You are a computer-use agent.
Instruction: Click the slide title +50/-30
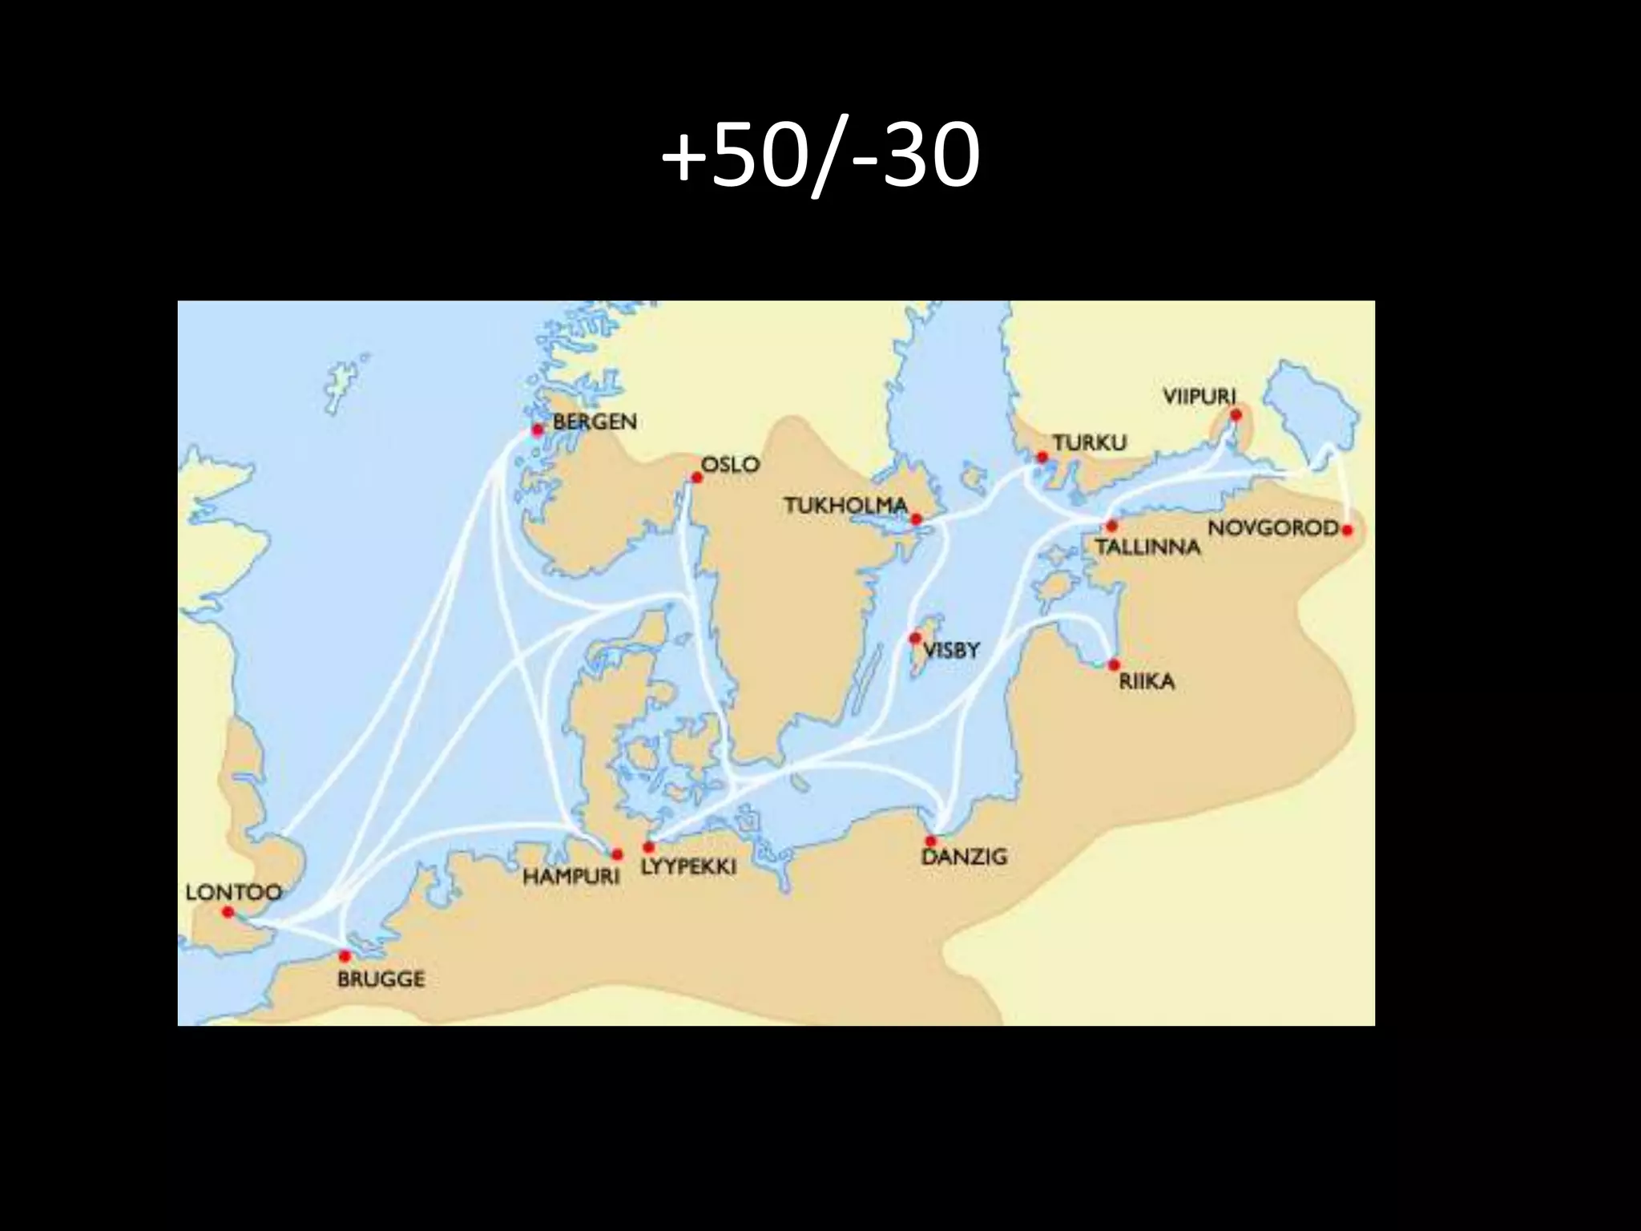click(x=820, y=155)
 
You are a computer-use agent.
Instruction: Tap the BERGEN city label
click(x=595, y=422)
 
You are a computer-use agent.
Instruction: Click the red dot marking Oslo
click(x=697, y=478)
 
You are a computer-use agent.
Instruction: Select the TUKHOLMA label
click(x=845, y=506)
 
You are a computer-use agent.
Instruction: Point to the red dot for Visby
click(x=915, y=638)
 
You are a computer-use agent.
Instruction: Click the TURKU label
click(x=1090, y=442)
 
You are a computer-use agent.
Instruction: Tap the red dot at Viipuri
click(x=1236, y=414)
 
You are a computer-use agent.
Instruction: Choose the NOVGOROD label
click(x=1273, y=529)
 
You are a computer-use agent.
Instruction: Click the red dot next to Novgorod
click(x=1347, y=530)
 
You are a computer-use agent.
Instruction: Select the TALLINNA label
click(x=1147, y=547)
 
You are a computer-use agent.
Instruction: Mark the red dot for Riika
click(x=1113, y=664)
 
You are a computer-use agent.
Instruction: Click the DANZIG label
click(x=964, y=857)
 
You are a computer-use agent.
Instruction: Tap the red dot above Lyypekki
click(x=648, y=846)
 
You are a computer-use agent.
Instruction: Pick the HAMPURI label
click(x=571, y=877)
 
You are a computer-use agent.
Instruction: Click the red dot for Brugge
click(x=345, y=955)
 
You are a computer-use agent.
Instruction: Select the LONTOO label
click(x=233, y=892)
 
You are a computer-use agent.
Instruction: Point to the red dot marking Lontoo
click(x=228, y=912)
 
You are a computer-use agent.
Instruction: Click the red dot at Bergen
click(x=538, y=430)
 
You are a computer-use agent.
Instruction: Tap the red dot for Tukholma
click(x=917, y=519)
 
